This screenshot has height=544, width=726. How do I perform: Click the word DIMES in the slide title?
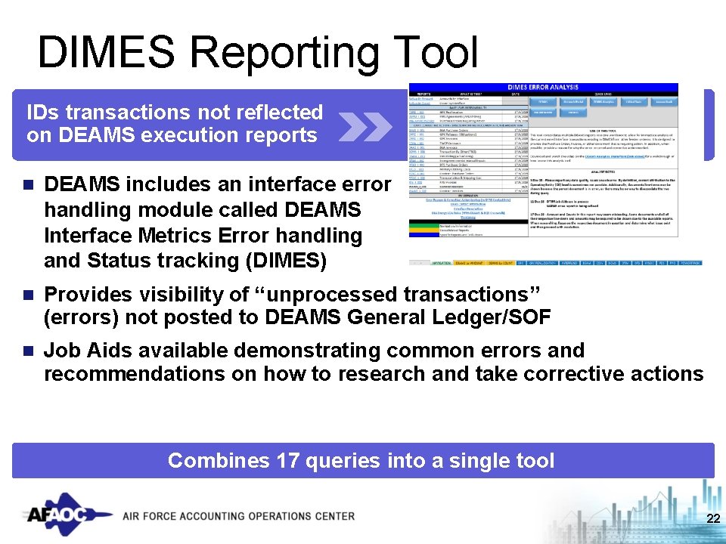107,52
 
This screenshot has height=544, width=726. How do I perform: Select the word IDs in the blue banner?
41,113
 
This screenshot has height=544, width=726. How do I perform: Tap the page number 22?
712,518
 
